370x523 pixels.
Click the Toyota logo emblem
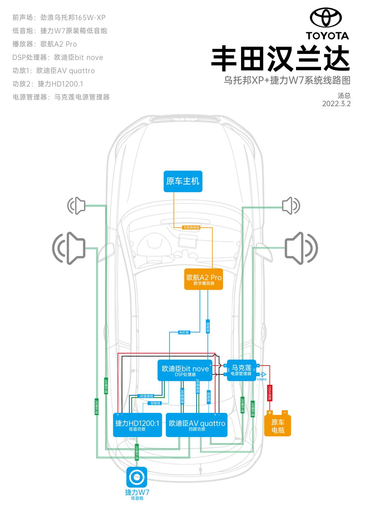point(326,17)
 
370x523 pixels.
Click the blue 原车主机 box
point(183,181)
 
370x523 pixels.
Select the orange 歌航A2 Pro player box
point(203,279)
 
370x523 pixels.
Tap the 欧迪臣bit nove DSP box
point(185,370)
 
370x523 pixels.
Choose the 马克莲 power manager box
point(241,370)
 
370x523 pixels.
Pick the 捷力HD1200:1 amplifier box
point(137,425)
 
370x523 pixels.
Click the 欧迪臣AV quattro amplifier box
point(197,425)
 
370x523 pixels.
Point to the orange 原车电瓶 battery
point(277,426)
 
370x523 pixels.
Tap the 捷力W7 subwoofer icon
point(137,477)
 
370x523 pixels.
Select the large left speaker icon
point(69,248)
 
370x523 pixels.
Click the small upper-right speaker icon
point(291,206)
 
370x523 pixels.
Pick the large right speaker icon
point(301,248)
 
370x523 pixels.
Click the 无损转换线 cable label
point(191,227)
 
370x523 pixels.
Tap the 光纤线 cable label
point(184,332)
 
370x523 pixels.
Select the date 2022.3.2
point(336,104)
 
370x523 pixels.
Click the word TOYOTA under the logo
point(327,36)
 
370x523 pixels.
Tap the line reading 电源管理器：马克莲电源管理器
point(61,97)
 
